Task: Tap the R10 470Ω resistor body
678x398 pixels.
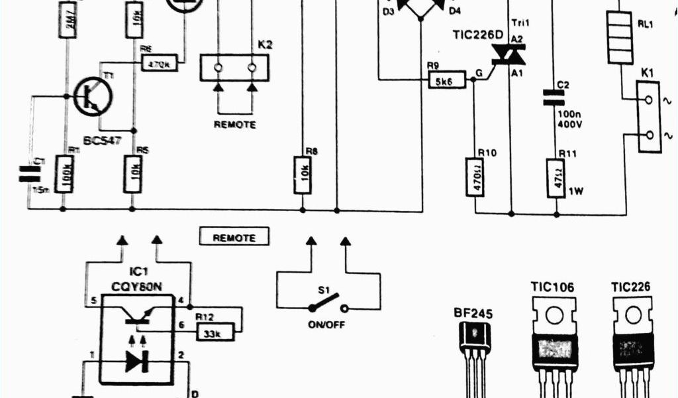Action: pyautogui.click(x=475, y=176)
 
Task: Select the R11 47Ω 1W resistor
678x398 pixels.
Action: pyautogui.click(x=556, y=177)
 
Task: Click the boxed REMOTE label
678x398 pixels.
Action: pyautogui.click(x=234, y=237)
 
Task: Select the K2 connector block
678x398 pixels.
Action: pyautogui.click(x=234, y=68)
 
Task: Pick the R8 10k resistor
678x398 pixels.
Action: pyautogui.click(x=302, y=174)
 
